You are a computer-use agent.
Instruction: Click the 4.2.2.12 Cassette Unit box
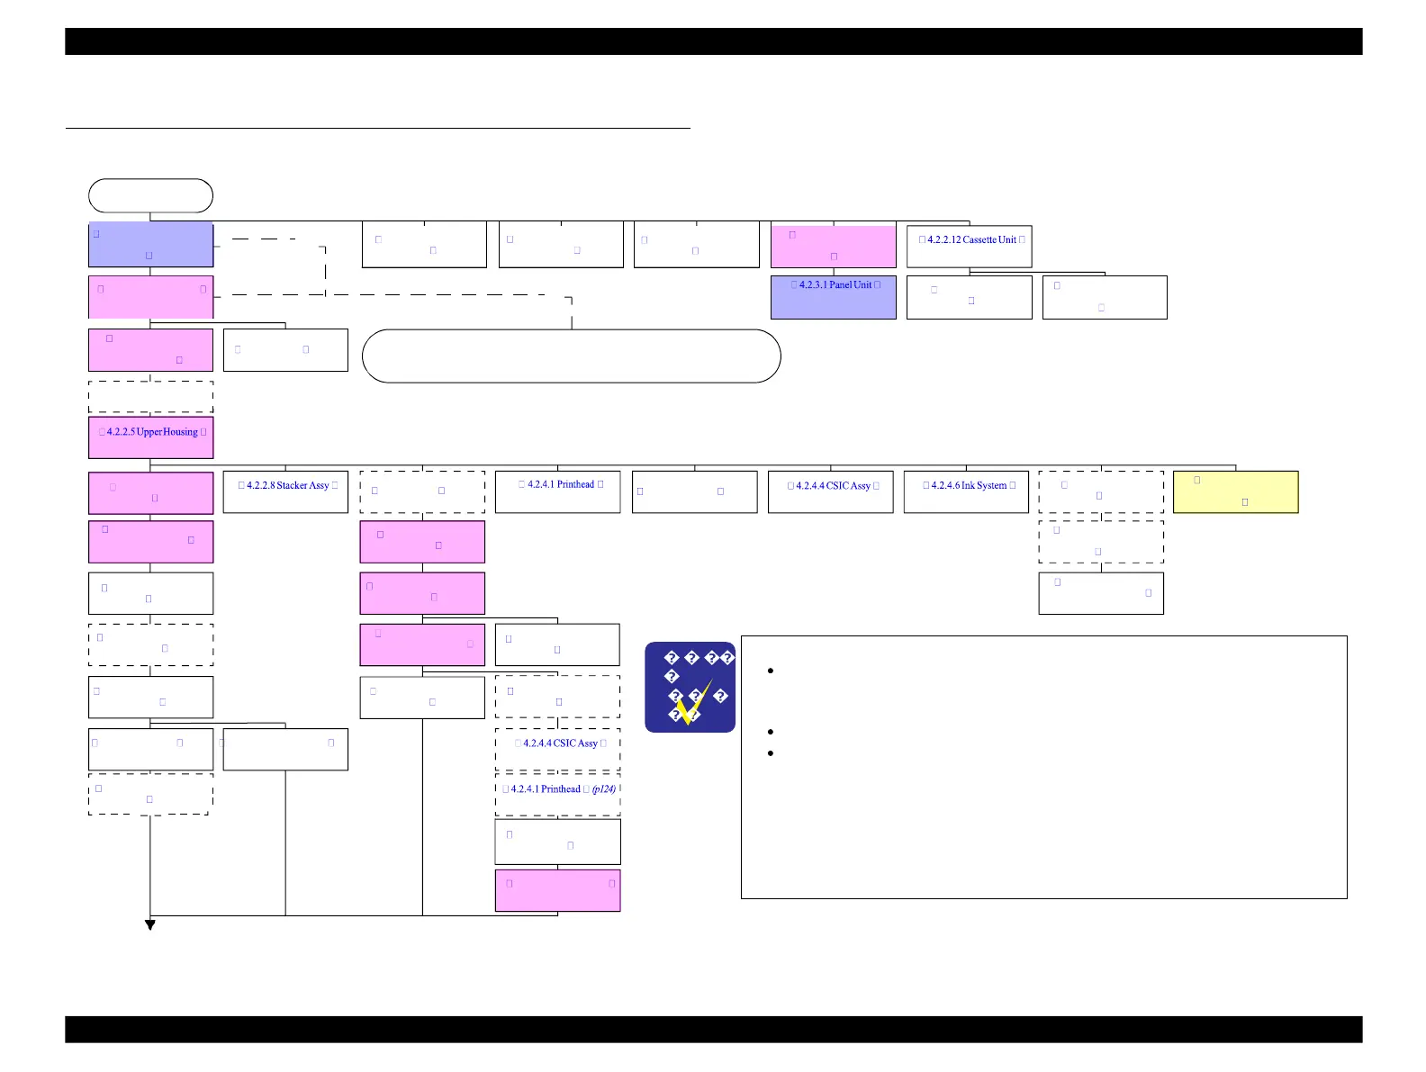click(969, 246)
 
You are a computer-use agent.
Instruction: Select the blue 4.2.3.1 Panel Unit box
click(833, 297)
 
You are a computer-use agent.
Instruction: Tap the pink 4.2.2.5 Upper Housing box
click(150, 437)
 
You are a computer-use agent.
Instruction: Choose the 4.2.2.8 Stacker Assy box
click(285, 491)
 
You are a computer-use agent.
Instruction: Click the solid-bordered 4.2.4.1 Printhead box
click(557, 491)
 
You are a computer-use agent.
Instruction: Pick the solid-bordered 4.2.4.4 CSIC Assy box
click(830, 491)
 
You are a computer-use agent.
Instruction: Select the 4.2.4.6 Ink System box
click(966, 491)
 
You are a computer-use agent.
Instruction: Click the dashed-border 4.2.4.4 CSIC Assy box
click(557, 749)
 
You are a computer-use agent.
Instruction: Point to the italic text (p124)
click(604, 789)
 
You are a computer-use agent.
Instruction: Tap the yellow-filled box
click(1235, 491)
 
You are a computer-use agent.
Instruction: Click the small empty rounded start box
click(150, 195)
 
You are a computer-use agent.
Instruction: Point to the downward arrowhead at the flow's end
click(150, 924)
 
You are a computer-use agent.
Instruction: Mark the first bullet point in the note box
click(772, 671)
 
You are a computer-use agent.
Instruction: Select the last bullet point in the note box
click(772, 752)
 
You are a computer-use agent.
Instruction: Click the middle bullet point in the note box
click(772, 732)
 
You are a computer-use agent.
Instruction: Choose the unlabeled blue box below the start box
click(150, 244)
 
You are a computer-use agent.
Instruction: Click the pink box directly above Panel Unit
click(833, 246)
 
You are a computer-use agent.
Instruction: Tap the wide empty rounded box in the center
click(571, 356)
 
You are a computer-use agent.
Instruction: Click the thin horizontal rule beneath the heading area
click(378, 129)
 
